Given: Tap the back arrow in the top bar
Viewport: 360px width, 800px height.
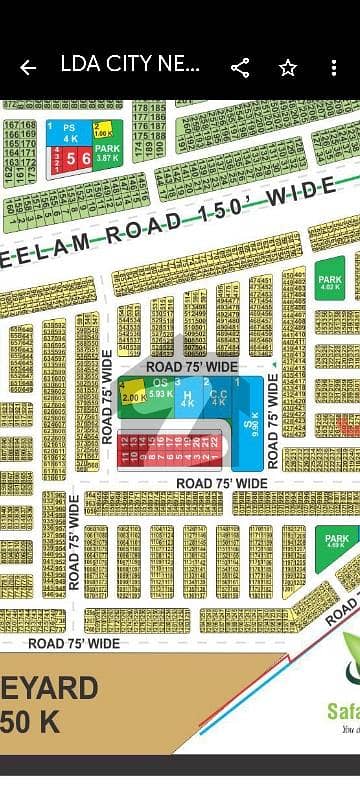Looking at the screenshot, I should tap(28, 68).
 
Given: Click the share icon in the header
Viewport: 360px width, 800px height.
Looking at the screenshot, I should tap(240, 68).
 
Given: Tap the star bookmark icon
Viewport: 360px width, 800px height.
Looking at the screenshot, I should tap(288, 68).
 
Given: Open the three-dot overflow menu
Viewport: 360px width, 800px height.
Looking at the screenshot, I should tap(334, 68).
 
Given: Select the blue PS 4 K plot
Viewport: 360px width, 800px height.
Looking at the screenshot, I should tap(69, 132).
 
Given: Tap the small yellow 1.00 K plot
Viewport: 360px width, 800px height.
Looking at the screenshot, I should tap(101, 129).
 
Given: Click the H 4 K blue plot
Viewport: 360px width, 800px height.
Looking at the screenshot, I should tap(187, 399).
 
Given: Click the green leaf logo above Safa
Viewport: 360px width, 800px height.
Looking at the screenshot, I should tap(350, 656).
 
